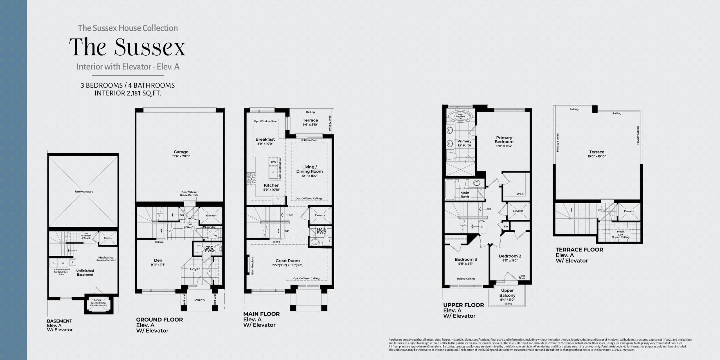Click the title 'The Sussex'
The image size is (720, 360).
coord(127,47)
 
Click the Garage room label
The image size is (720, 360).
coord(181,152)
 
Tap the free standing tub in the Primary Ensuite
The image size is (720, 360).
coord(460,116)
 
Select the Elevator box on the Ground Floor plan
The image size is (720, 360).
coord(211,215)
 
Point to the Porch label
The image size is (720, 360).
coord(199,300)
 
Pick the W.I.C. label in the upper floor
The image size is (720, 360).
coord(520,194)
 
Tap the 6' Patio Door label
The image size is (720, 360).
coord(309,140)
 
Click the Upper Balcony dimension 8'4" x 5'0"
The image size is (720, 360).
coord(507,300)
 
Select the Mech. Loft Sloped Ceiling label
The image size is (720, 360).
coord(620,235)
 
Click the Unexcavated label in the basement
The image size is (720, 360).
coord(84,192)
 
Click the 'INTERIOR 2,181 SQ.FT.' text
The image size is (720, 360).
coord(128,93)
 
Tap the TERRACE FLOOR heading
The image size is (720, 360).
coord(579,250)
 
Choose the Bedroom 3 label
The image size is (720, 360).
coord(466,259)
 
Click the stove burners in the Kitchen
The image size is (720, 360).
coord(252,179)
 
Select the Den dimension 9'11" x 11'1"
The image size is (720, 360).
coord(158,265)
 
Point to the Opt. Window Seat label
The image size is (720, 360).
coord(265,121)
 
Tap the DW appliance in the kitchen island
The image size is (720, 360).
coord(273,162)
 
